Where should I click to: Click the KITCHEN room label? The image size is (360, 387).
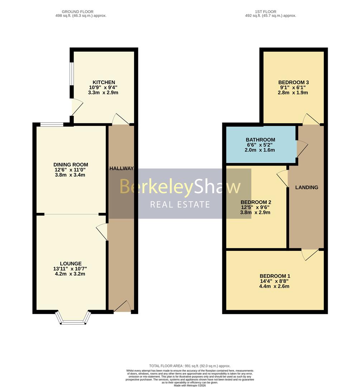[104, 82]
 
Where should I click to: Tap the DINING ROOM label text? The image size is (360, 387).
[71, 164]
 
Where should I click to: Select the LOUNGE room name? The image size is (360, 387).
[71, 264]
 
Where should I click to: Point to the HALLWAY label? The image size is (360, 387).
[122, 168]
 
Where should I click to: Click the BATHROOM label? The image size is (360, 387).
[260, 140]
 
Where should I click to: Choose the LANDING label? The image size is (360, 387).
[307, 187]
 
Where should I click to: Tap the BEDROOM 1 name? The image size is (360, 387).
[275, 276]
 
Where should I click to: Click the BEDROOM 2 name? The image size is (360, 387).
[256, 202]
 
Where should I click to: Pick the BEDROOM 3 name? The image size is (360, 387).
[293, 82]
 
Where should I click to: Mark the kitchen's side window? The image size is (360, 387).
[71, 74]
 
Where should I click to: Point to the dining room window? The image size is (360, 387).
[52, 124]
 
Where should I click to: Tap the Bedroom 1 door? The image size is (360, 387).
[310, 254]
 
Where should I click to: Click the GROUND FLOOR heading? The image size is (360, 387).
[77, 11]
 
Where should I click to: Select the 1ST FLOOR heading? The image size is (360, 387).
[265, 11]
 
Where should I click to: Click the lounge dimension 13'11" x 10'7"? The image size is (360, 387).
[70, 269]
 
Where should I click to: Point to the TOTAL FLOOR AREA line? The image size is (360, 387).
[190, 366]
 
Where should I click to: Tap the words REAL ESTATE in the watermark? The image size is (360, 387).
[180, 204]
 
